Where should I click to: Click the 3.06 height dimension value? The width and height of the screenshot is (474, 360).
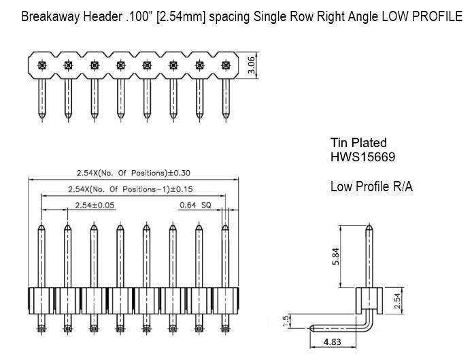(x=252, y=65)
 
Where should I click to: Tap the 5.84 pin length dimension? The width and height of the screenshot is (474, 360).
(x=336, y=257)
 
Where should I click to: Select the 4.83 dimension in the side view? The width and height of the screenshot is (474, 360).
(x=333, y=342)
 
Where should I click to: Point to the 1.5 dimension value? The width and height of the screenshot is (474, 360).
(x=286, y=321)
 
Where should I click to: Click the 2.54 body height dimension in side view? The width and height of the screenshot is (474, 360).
(x=398, y=301)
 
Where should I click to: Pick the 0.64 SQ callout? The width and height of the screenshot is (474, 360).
(x=195, y=205)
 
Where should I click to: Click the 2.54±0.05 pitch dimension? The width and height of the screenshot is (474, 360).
(x=95, y=206)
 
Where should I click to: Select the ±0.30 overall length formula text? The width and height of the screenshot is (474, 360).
(x=133, y=173)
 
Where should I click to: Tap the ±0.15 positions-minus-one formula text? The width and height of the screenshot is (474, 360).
(x=131, y=189)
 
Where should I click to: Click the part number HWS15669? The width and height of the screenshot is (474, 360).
(x=362, y=157)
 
